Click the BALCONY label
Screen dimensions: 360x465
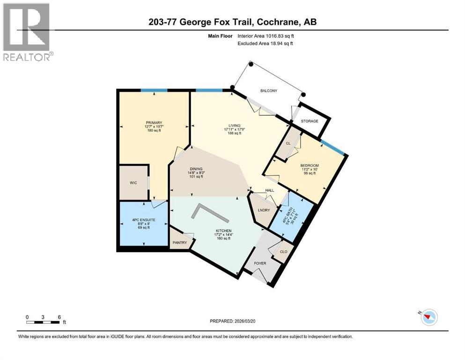click(269, 91)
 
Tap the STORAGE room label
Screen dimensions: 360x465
click(309, 121)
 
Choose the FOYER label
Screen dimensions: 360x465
click(260, 263)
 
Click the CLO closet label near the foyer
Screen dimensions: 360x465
click(283, 252)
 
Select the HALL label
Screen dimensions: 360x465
click(270, 190)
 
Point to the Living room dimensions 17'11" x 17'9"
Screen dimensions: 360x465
click(234, 129)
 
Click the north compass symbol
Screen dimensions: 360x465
click(428, 318)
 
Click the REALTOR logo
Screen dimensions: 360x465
click(27, 32)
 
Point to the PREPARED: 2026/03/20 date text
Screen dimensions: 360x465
click(233, 321)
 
